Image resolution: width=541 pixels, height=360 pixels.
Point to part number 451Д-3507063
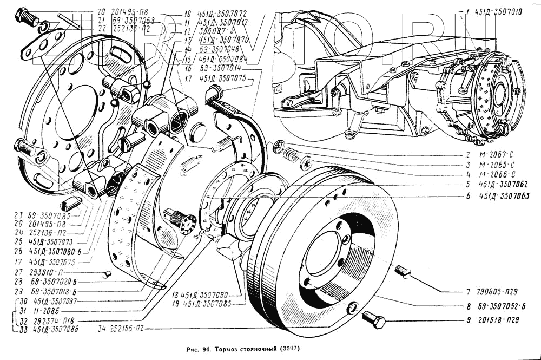[x=504, y=195]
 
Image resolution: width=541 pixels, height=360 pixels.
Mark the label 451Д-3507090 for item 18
[x=210, y=295]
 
